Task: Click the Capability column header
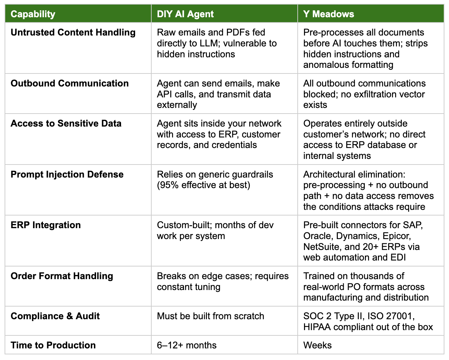[x=33, y=14]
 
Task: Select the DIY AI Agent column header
[x=185, y=14]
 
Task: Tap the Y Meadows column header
[x=329, y=14]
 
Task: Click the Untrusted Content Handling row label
[x=73, y=32]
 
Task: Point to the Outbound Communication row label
[x=70, y=83]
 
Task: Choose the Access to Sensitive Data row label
[x=66, y=123]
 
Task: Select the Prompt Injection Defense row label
[x=67, y=174]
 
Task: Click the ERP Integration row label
[x=46, y=225]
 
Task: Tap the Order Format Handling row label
[x=62, y=276]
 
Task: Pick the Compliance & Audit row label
[x=55, y=316]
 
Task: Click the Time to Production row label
[x=53, y=345]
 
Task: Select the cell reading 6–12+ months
[x=186, y=345]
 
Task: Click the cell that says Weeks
[x=317, y=345]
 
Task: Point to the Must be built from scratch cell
[x=210, y=316]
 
